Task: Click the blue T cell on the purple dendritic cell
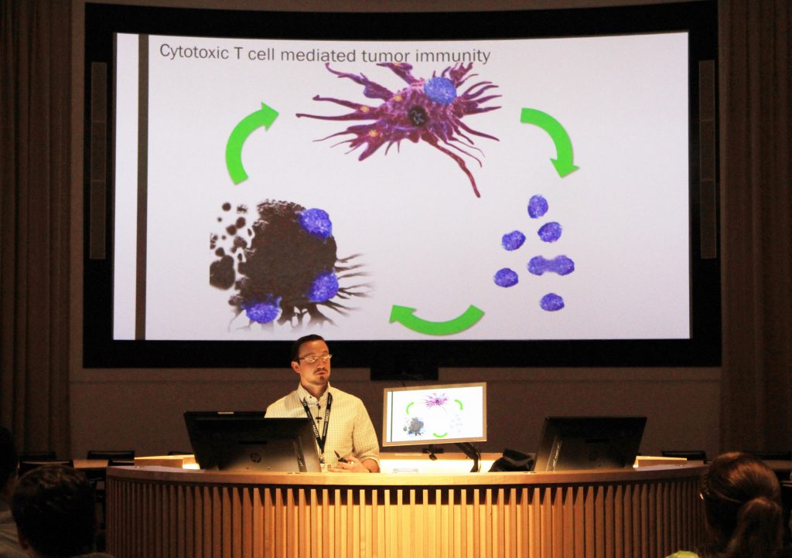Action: [x=440, y=90]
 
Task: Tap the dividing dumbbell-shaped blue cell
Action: [x=551, y=265]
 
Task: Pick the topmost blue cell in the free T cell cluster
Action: [x=538, y=206]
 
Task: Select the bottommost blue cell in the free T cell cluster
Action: [x=551, y=302]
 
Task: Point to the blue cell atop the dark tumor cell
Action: [x=316, y=223]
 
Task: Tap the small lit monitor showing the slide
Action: [x=435, y=413]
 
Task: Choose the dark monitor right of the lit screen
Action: [x=590, y=443]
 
